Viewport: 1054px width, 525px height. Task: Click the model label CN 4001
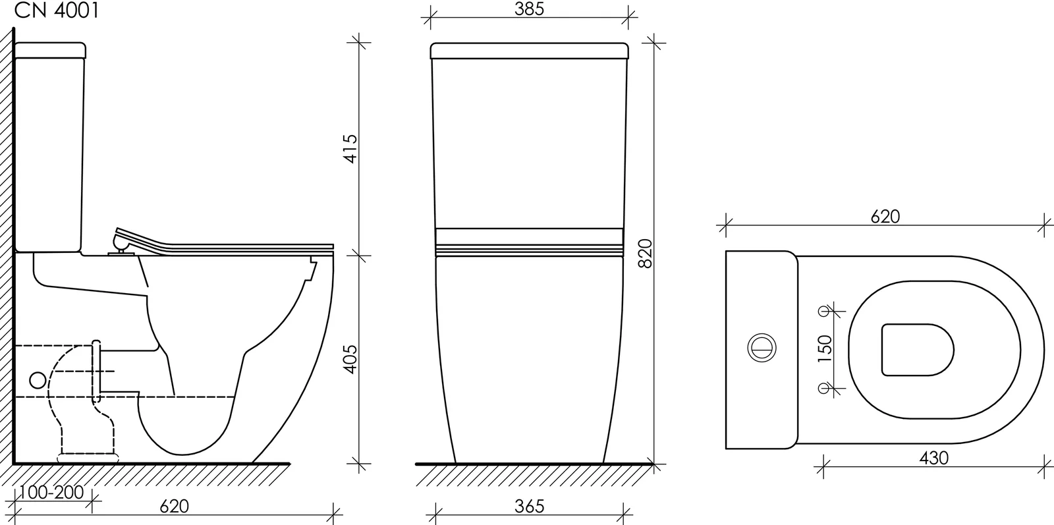57,11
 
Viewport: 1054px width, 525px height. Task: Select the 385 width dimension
529,9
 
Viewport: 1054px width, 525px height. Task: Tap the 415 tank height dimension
350,149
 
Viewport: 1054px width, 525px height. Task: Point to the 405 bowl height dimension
350,360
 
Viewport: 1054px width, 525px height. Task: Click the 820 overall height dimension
645,254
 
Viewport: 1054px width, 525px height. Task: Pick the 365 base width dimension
530,506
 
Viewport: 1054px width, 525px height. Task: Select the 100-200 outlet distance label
52,493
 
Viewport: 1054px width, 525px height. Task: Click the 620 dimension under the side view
174,506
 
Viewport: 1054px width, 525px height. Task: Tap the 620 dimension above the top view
885,217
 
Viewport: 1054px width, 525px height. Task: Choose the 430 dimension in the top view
934,458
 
